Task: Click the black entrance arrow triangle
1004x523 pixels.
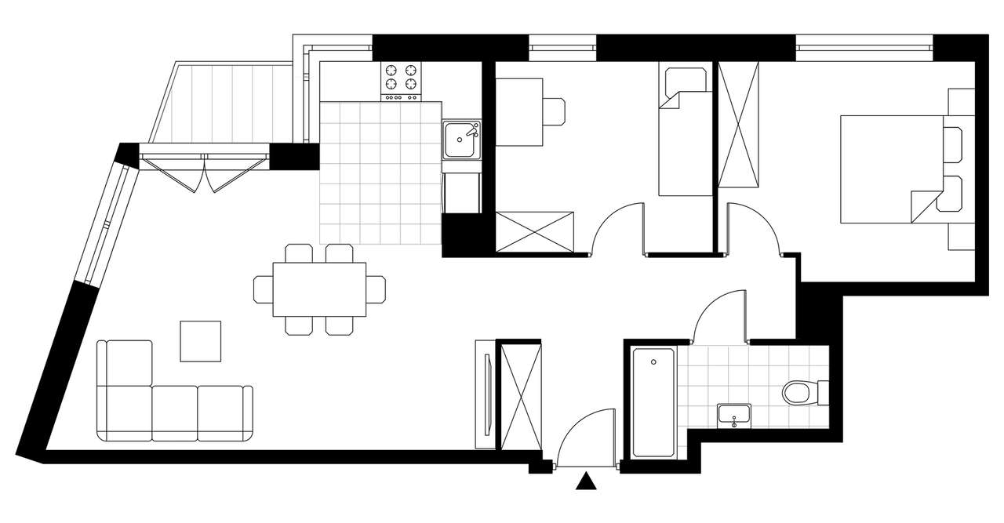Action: [585, 481]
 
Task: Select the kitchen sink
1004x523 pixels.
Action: [462, 140]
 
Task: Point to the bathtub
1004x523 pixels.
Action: [653, 402]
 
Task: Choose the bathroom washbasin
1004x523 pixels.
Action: [733, 416]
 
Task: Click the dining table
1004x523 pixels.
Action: [319, 289]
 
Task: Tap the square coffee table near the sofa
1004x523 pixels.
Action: [201, 340]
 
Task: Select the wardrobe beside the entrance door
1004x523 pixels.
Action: [521, 395]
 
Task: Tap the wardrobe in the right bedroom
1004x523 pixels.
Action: [739, 125]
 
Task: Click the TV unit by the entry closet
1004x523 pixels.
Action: [486, 394]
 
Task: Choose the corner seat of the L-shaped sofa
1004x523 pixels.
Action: [124, 412]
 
